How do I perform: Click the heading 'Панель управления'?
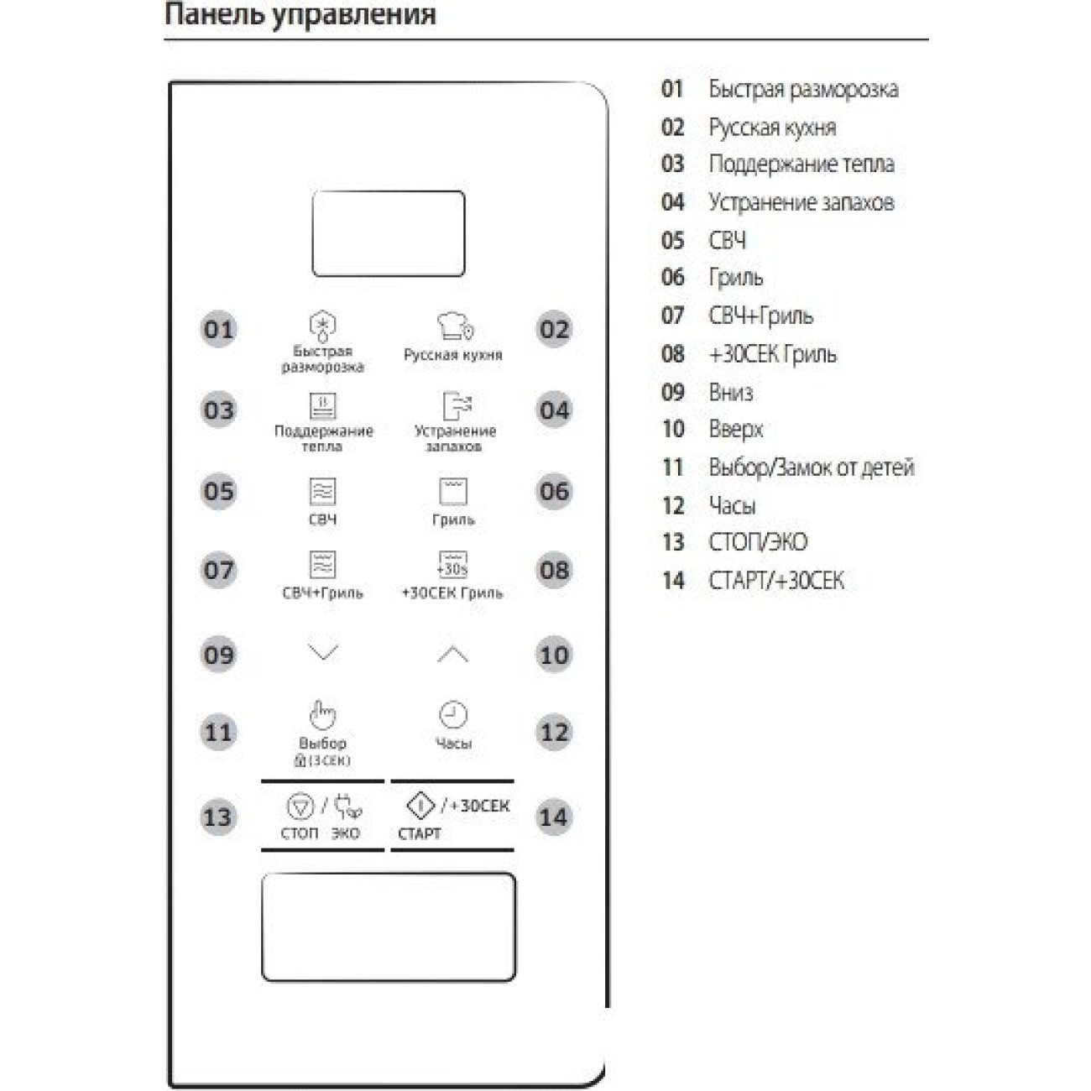[300, 15]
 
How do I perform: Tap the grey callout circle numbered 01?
[219, 329]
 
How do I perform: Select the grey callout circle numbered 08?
[554, 571]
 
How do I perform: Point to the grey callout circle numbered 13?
[217, 817]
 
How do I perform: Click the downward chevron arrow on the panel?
[323, 652]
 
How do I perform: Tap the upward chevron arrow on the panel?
[453, 654]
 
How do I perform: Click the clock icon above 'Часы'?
[453, 714]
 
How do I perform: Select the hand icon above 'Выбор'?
[322, 714]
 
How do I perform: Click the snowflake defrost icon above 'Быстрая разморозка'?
[323, 324]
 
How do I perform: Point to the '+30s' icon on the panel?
[453, 565]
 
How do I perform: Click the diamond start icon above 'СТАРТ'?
[420, 806]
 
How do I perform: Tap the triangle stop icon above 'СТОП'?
[300, 807]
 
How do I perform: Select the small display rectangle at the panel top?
[389, 233]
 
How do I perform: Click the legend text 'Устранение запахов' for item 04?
[801, 202]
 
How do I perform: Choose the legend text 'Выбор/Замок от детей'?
[812, 467]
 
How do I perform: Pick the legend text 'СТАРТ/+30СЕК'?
[776, 581]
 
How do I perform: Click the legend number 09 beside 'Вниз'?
[673, 392]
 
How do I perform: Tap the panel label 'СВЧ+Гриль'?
[323, 592]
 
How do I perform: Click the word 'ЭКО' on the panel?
[345, 833]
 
